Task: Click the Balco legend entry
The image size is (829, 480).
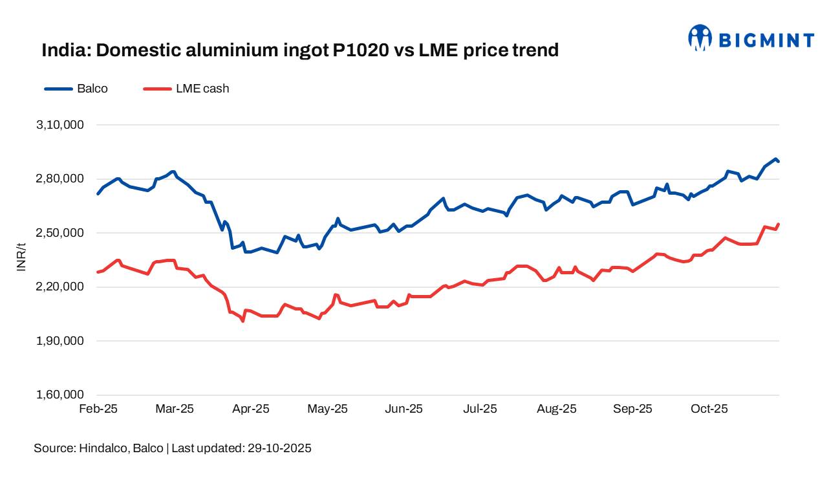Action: (76, 89)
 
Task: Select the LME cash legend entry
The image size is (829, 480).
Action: (186, 89)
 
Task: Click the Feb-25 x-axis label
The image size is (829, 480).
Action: (98, 409)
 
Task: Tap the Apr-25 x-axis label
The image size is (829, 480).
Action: (251, 409)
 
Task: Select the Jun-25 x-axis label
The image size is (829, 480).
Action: (404, 409)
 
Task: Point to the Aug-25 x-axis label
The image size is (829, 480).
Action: (557, 409)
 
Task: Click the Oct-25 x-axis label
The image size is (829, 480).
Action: (709, 409)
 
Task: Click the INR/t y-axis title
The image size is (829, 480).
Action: (21, 257)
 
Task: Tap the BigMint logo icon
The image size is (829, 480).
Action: (700, 38)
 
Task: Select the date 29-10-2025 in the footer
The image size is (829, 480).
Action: (279, 448)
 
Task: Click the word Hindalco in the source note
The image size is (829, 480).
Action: (102, 448)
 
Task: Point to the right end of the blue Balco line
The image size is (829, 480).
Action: (779, 161)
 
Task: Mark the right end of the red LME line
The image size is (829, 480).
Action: (779, 224)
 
